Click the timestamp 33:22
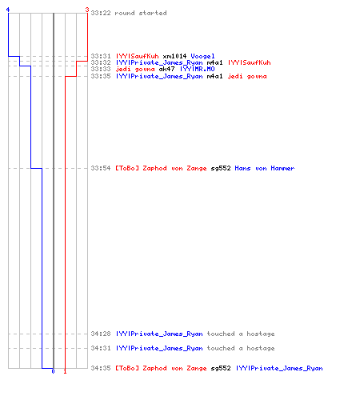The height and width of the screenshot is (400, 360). [101, 13]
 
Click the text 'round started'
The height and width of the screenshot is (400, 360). [141, 13]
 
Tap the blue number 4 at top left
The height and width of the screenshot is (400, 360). [8, 10]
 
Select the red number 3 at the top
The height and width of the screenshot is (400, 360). [87, 10]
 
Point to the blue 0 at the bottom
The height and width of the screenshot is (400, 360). [53, 371]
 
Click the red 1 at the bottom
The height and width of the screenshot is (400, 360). [65, 371]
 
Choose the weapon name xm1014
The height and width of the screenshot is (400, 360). [174, 56]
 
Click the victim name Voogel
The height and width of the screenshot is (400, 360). [202, 56]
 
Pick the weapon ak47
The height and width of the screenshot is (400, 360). [166, 69]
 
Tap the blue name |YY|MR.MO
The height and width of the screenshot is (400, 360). [198, 69]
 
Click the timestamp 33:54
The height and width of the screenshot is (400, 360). [101, 168]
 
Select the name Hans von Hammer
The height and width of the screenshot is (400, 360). [265, 168]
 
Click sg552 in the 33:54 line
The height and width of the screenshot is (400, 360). [221, 168]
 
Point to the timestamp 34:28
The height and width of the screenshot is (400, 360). [101, 334]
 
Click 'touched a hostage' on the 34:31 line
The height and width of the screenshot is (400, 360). [241, 348]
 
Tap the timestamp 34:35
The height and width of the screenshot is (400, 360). [101, 368]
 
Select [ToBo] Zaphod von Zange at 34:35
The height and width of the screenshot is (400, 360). [161, 368]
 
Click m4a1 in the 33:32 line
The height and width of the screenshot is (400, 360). [214, 62]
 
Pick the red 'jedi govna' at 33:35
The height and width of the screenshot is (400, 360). [247, 77]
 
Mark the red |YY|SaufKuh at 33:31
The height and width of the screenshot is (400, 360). [138, 56]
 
